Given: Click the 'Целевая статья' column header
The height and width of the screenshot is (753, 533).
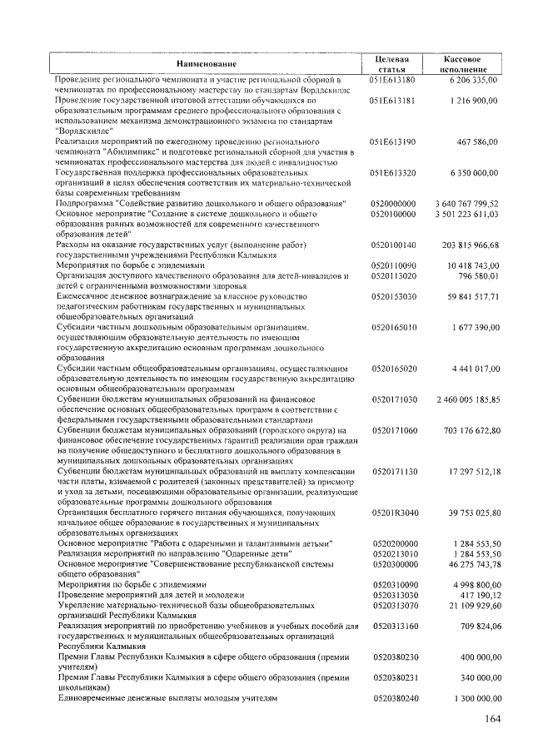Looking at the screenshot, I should tap(392, 65).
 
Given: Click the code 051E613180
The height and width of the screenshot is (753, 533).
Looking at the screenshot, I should tap(392, 79).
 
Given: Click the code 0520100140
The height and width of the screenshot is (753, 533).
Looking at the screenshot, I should tap(394, 245).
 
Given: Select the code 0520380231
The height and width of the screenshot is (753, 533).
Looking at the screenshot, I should tap(394, 677).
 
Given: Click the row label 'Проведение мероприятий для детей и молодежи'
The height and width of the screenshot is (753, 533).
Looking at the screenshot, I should tap(150, 595).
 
